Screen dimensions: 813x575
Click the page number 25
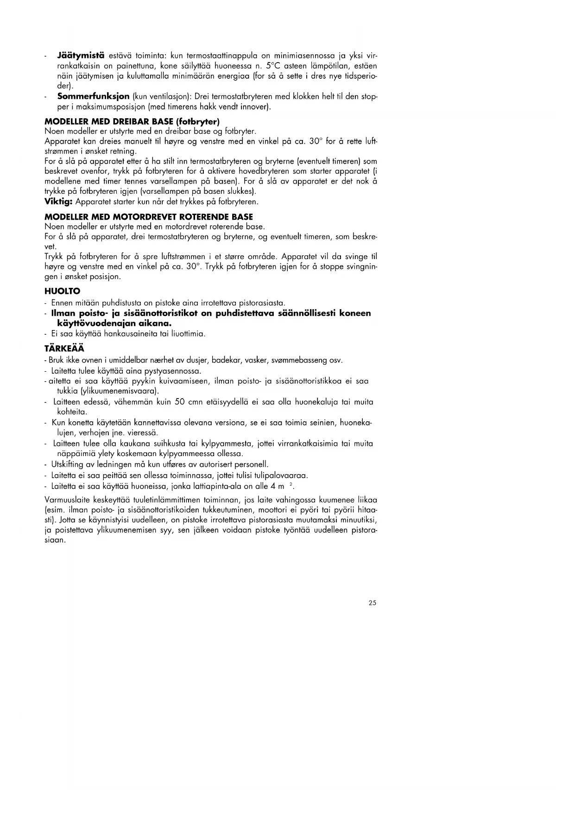[x=373, y=603]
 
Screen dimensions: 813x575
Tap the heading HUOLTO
[x=63, y=292]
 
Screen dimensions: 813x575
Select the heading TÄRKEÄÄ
[x=64, y=349]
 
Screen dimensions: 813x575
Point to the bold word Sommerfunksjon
[x=93, y=97]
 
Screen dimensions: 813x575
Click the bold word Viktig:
[x=59, y=202]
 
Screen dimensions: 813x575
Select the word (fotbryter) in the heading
[x=196, y=121]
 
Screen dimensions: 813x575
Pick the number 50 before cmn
[x=180, y=402]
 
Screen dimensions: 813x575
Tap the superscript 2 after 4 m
[x=290, y=484]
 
